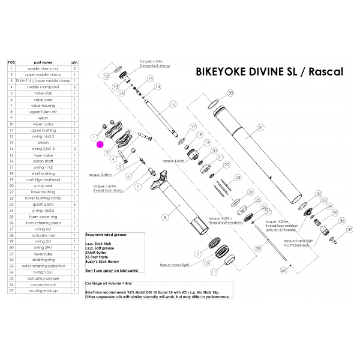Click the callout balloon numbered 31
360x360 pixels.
click(260, 127)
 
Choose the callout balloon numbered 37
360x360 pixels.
click(350, 229)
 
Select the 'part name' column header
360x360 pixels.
click(43, 62)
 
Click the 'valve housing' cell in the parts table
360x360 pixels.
click(43, 106)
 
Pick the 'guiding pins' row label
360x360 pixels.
click(43, 205)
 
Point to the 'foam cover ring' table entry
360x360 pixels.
click(43, 217)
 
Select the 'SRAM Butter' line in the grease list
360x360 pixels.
click(98, 254)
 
